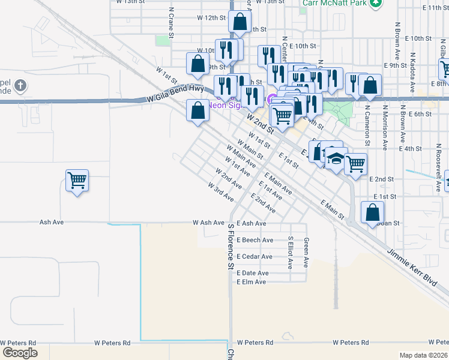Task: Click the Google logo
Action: point(20,353)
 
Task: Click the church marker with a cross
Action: point(20,85)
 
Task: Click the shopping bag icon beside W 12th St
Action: point(240,22)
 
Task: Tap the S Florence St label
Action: point(230,245)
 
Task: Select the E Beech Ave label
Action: point(255,240)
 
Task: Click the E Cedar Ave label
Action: point(255,256)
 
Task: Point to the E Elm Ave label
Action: point(252,281)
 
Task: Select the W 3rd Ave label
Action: point(220,192)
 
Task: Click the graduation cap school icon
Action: point(336,160)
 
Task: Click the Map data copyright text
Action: point(423,355)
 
